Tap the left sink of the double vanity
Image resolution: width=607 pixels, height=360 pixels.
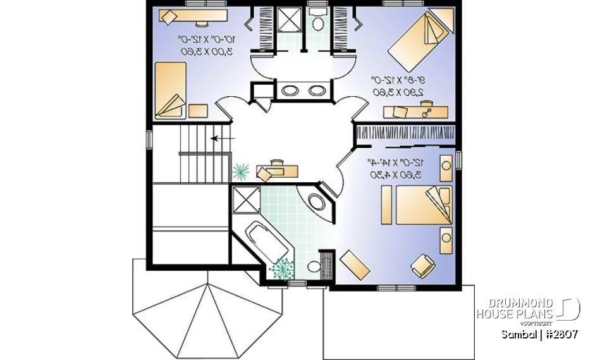tap(290, 90)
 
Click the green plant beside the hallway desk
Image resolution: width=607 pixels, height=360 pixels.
tap(241, 170)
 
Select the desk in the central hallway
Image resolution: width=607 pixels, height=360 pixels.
tap(276, 169)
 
